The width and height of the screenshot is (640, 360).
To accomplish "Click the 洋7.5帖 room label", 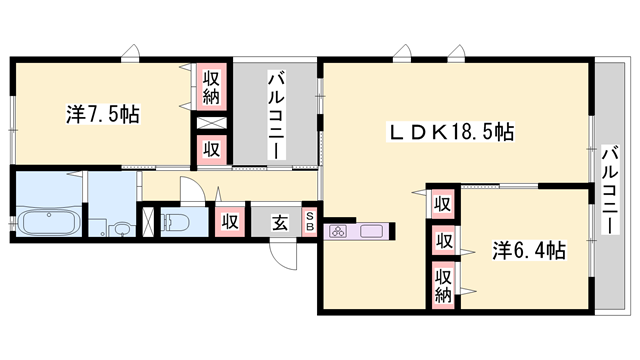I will [x=103, y=114].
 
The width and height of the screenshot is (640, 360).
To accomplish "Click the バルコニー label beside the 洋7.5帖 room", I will [x=274, y=112].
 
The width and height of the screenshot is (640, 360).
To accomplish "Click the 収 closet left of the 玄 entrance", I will [x=229, y=221].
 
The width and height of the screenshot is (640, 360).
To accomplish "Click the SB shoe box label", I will [x=309, y=221].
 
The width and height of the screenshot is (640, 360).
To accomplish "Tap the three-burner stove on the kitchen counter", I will [x=338, y=232].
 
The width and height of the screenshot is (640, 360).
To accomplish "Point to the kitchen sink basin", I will [x=371, y=232].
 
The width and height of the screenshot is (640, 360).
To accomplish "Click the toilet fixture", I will [x=179, y=222].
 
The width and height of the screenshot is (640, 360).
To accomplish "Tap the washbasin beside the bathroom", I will [x=121, y=228].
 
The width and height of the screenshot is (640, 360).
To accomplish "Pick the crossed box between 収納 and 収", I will [x=211, y=124].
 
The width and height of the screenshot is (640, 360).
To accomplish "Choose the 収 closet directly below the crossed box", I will [x=211, y=149].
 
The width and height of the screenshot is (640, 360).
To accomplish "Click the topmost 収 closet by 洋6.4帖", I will [x=442, y=203].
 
